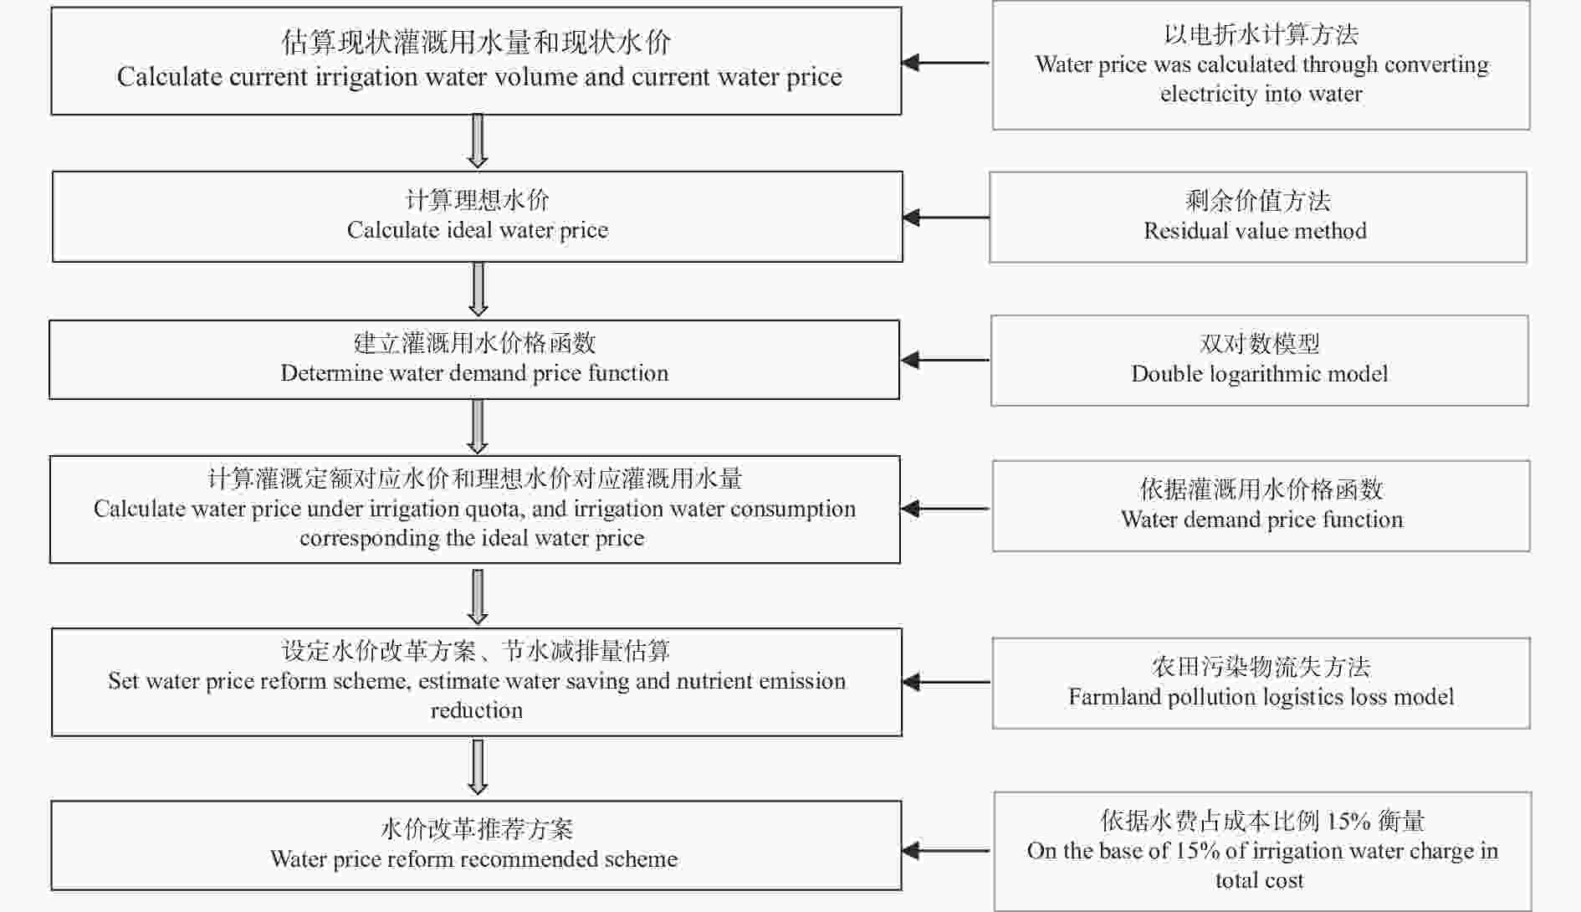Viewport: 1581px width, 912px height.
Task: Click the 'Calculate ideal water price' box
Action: click(478, 217)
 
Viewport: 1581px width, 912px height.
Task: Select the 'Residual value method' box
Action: click(1258, 218)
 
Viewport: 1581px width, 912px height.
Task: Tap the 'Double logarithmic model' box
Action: click(1260, 361)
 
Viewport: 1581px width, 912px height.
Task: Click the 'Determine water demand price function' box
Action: click(474, 360)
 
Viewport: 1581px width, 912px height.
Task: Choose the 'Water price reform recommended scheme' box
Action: click(476, 846)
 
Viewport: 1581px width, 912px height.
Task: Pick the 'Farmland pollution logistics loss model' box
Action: click(1261, 684)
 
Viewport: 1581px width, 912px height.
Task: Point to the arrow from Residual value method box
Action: click(946, 218)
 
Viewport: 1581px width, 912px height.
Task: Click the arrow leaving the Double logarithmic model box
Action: click(945, 361)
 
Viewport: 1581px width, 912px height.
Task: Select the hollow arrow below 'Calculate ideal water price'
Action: click(478, 289)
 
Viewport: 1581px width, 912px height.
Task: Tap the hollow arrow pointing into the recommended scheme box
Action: click(478, 767)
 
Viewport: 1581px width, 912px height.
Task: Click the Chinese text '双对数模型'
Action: click(1260, 344)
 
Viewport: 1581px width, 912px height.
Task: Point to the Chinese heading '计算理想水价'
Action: click(478, 200)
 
